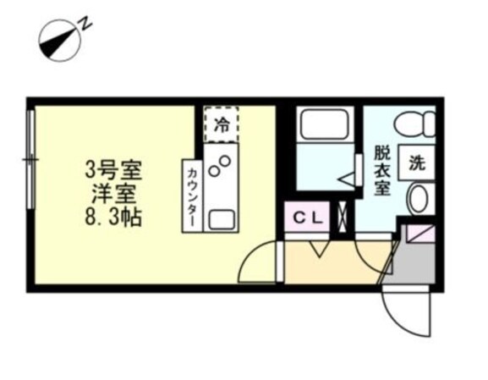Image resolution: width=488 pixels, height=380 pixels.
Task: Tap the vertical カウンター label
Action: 192,195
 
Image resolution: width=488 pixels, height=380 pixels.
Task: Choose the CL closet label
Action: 308,217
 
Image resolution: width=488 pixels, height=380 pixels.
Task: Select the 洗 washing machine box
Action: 417,162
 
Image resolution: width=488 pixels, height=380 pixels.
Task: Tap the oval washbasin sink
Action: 418,200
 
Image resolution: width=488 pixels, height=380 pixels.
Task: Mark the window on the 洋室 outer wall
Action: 31,160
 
